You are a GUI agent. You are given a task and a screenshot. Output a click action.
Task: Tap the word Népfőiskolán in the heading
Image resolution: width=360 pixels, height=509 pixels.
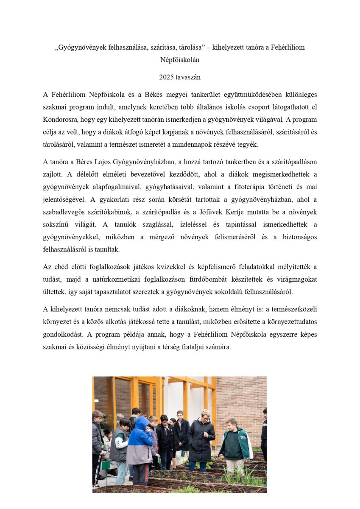tap(180, 60)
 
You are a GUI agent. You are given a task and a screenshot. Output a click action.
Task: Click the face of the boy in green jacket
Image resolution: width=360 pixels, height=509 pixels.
tap(232, 425)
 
